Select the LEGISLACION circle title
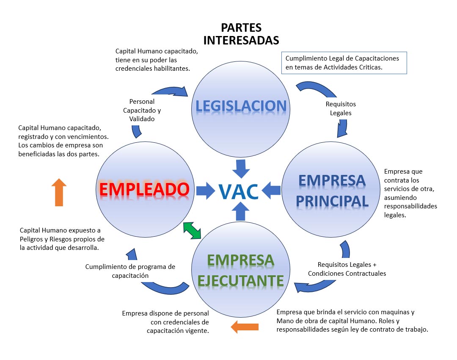pyautogui.click(x=241, y=106)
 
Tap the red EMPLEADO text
pyautogui.click(x=143, y=189)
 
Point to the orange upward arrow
pyautogui.click(x=59, y=192)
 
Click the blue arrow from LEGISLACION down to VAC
pyautogui.click(x=241, y=168)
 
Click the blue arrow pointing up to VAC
pyautogui.click(x=241, y=212)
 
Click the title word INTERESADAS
pyautogui.click(x=241, y=40)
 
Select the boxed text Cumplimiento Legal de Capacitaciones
pyautogui.click(x=342, y=58)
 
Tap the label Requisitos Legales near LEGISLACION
pyautogui.click(x=341, y=108)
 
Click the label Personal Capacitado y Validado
pyautogui.click(x=142, y=111)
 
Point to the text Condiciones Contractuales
pyautogui.click(x=347, y=273)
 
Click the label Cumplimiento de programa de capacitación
pyautogui.click(x=130, y=271)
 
